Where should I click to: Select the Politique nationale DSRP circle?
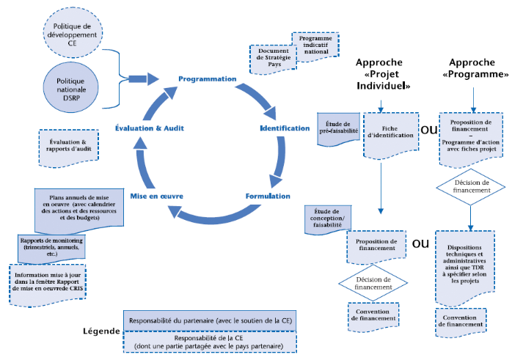click(x=71, y=87)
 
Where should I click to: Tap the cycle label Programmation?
click(x=208, y=78)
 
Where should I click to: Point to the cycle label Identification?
click(x=285, y=128)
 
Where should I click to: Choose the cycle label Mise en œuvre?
click(x=156, y=196)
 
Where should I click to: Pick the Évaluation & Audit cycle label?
click(x=150, y=128)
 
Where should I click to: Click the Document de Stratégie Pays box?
click(x=273, y=59)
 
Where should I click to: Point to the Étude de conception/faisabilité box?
click(x=327, y=219)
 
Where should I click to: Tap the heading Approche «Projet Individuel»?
click(x=381, y=74)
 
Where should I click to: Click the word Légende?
click(x=100, y=331)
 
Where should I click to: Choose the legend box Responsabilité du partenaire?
click(x=209, y=321)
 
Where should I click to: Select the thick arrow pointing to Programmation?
click(x=143, y=78)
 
